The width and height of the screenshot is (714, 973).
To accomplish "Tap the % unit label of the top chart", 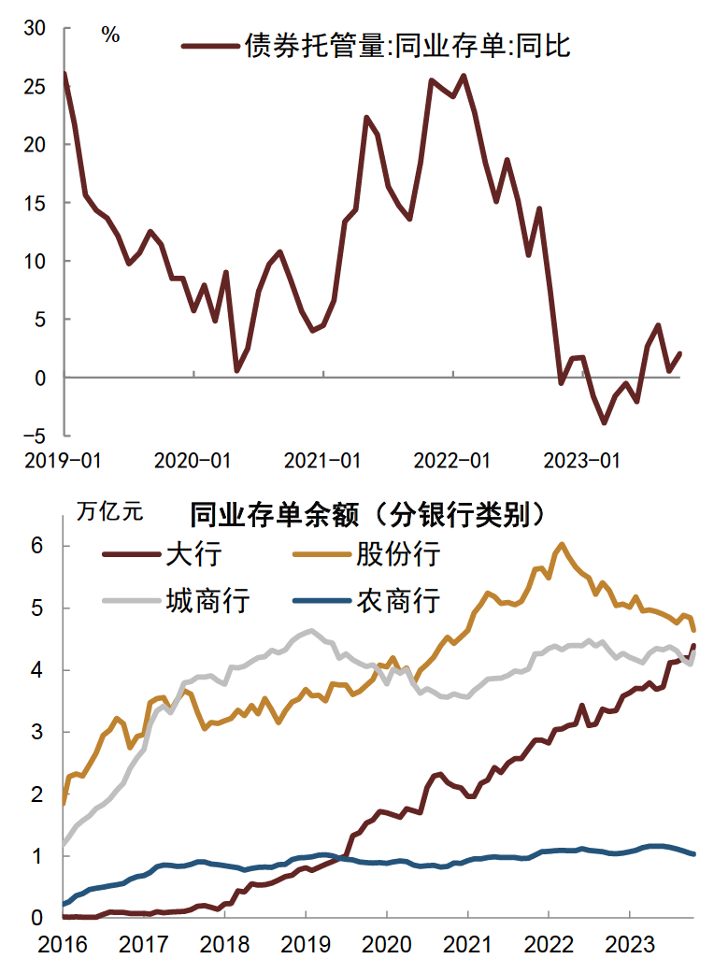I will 110,36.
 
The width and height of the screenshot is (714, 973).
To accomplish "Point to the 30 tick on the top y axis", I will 35,28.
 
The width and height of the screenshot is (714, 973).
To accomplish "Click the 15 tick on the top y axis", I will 35,203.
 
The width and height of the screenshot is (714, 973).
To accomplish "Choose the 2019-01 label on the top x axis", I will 63,460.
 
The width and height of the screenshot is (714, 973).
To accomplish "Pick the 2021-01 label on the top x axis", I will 322,460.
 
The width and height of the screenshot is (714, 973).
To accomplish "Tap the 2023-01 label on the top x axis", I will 582,460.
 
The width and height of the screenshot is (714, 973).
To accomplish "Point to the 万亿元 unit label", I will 110,511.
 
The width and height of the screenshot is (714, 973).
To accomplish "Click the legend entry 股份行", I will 397,554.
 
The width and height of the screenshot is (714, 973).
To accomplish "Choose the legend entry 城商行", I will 207,599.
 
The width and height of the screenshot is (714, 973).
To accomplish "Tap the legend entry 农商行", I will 397,599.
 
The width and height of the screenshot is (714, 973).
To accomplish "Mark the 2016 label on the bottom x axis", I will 63,944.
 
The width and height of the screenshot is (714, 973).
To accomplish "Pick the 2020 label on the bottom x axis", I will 387,944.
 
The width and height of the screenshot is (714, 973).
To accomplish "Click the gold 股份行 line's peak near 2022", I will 562,543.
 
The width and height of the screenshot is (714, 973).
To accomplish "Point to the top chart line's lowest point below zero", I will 605,422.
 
